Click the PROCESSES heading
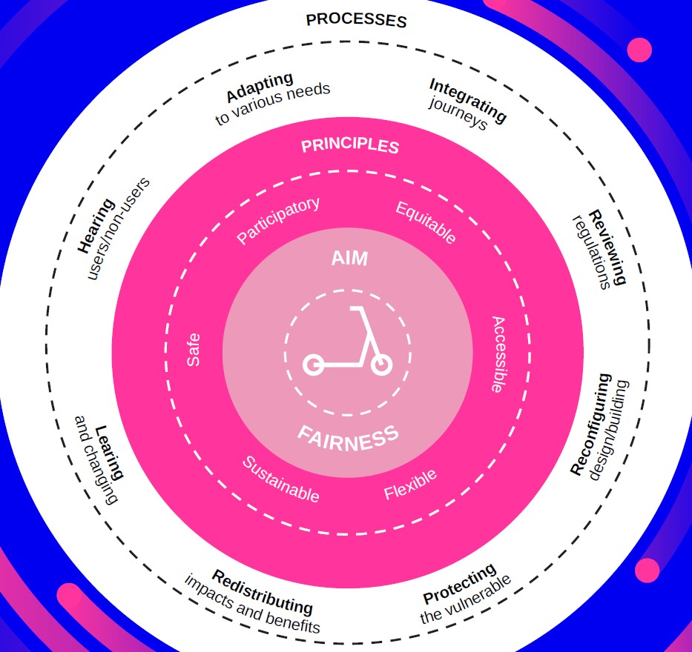tap(356, 19)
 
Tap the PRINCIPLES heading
tap(349, 145)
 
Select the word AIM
tap(349, 259)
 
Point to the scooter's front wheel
tap(380, 364)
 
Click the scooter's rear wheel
tap(313, 365)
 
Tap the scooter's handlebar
tap(357, 308)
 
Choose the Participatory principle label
tap(277, 220)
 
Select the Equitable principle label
tap(426, 222)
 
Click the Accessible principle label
tap(498, 354)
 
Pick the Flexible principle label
tap(410, 484)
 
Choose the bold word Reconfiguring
tap(591, 424)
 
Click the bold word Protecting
tap(459, 583)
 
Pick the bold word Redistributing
tap(262, 591)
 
